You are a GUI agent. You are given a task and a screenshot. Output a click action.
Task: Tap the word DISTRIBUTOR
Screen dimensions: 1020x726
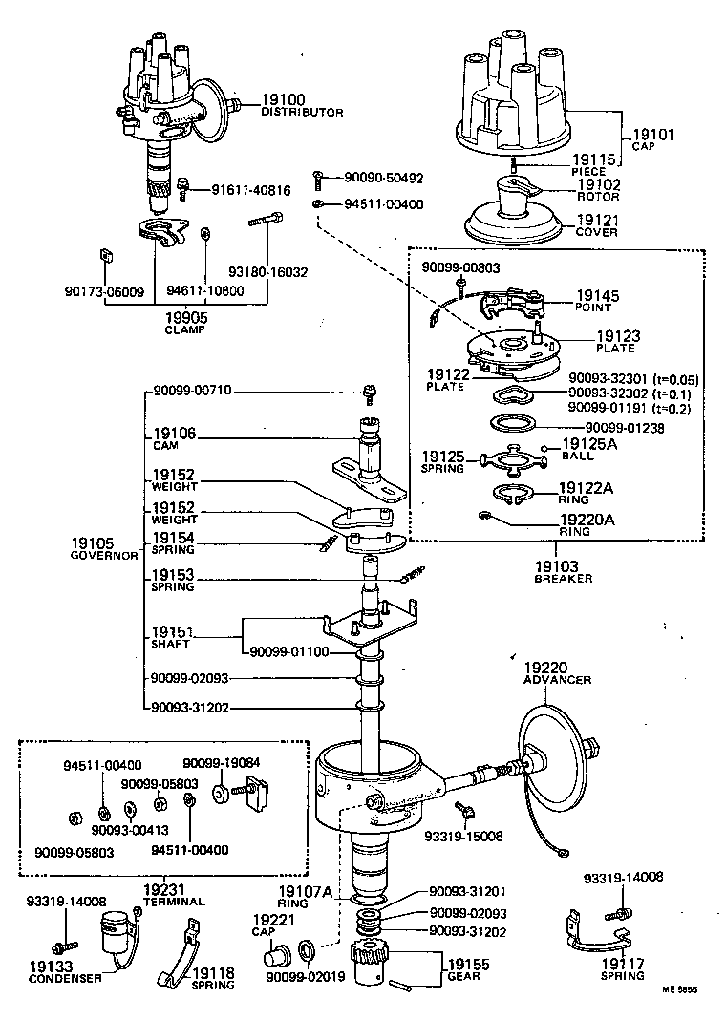tap(302, 113)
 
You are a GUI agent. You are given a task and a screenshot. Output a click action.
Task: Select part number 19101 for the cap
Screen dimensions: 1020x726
tap(653, 135)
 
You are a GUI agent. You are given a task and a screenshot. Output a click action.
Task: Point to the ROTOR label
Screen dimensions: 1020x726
tap(598, 197)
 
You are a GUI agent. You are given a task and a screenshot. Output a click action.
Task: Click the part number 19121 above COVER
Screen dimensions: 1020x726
tap(599, 220)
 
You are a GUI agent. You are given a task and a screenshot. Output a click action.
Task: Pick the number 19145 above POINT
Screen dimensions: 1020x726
tap(597, 296)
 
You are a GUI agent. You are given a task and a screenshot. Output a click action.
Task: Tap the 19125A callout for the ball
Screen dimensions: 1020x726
tap(591, 444)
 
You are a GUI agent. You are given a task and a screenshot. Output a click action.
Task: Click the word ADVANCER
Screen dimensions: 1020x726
tap(557, 680)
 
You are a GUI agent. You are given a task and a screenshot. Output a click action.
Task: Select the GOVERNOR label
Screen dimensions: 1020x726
tap(104, 555)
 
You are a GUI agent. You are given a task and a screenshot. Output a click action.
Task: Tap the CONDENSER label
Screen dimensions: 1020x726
tap(65, 978)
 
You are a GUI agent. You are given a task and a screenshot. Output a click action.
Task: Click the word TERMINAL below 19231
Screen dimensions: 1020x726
tap(173, 901)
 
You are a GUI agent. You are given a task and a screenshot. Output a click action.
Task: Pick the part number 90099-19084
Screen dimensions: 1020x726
tap(215, 762)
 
